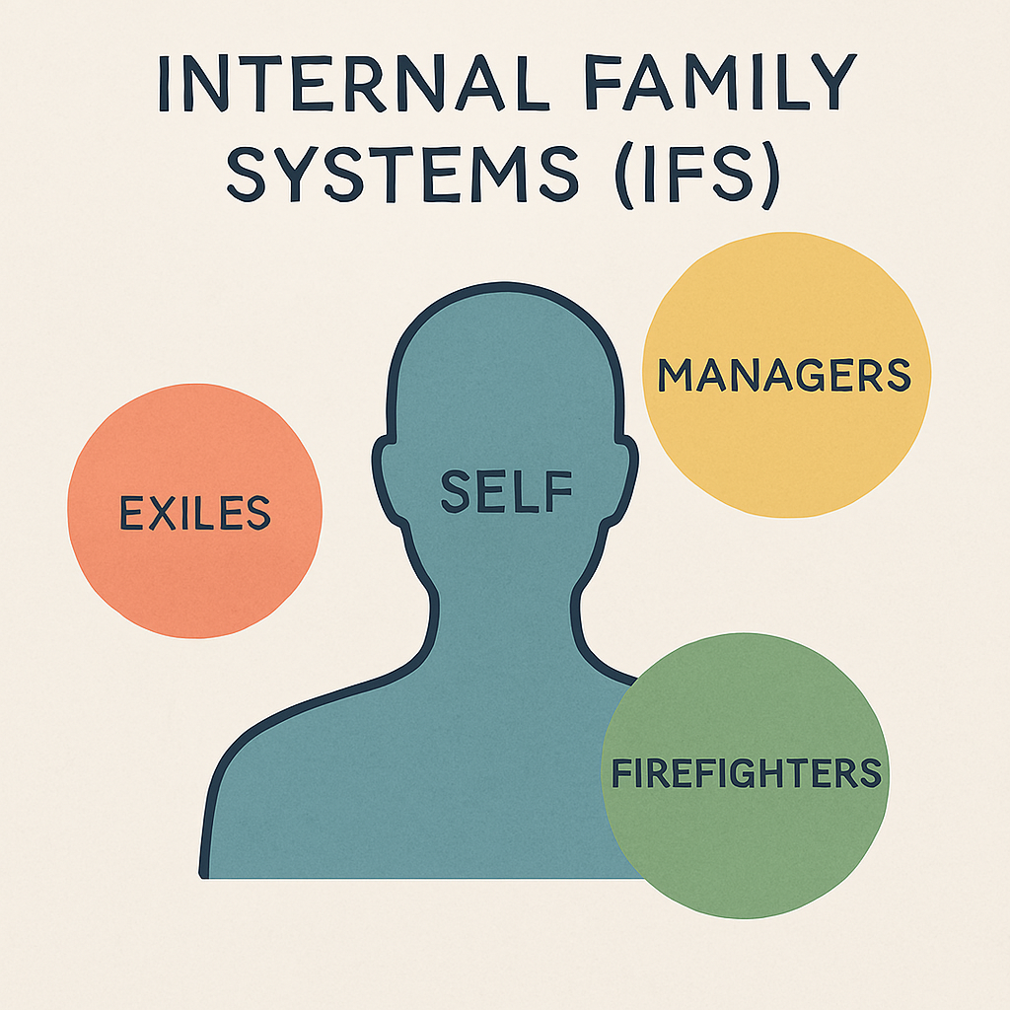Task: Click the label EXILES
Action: (x=195, y=513)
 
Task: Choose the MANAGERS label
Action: (x=784, y=376)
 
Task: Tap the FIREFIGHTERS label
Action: (x=746, y=772)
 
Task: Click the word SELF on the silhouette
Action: (x=506, y=490)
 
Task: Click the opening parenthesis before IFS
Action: (x=624, y=179)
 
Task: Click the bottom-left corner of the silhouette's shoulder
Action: (x=205, y=872)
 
